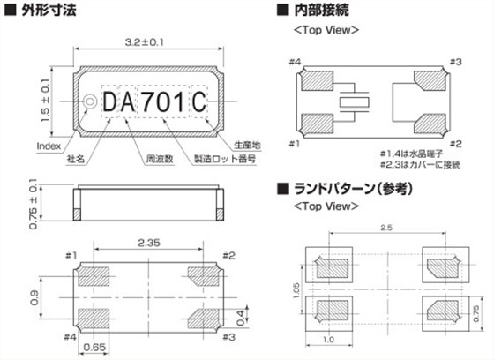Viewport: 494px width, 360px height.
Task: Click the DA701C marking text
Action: pyautogui.click(x=153, y=103)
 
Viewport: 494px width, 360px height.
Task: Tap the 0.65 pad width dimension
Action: pyautogui.click(x=95, y=347)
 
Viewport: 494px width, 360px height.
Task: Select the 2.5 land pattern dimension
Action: pyautogui.click(x=385, y=229)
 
